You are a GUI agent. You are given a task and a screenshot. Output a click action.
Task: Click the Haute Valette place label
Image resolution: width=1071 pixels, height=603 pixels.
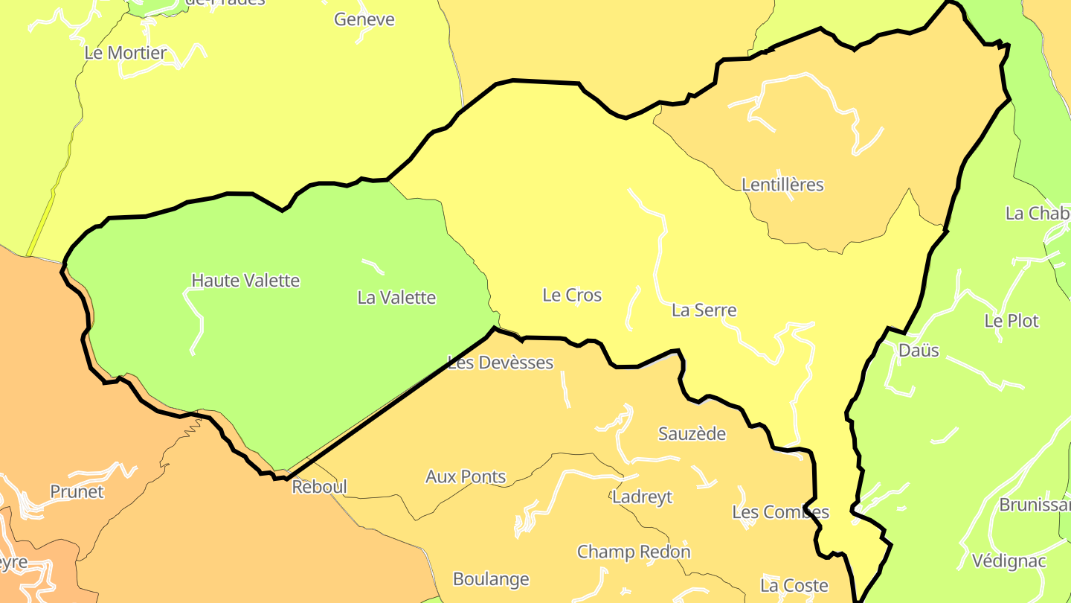coord(245,281)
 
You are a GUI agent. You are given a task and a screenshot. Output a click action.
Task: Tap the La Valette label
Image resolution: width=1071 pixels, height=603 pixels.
coord(396,298)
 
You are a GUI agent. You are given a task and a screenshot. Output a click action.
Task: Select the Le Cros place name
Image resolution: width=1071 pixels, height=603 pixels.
coord(572,296)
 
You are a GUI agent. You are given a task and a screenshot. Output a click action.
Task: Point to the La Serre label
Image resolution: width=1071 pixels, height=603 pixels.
coord(704,310)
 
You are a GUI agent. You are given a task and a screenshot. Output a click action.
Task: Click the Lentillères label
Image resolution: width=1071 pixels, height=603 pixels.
coord(782,185)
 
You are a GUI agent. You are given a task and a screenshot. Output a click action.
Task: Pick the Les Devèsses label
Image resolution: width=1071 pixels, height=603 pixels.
coord(501,363)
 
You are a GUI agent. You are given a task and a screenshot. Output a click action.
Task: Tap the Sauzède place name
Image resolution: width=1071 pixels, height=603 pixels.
coord(692,434)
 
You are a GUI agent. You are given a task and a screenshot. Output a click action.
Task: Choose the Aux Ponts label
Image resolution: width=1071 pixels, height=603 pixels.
coord(466,477)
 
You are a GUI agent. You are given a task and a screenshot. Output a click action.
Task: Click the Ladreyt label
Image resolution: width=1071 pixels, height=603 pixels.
coord(642,497)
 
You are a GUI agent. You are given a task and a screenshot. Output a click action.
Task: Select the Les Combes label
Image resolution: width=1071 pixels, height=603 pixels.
coord(780,512)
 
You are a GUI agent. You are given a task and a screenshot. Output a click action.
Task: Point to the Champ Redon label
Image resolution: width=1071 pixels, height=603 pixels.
coord(634,552)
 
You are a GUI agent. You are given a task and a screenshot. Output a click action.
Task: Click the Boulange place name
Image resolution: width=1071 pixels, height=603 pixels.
coord(491,579)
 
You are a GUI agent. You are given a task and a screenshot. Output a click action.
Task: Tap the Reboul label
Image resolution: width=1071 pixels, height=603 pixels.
coord(319,488)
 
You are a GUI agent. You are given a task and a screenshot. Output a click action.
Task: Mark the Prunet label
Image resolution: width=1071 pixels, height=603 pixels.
coord(77,492)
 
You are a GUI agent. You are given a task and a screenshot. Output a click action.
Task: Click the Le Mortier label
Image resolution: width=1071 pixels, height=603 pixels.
coord(125,53)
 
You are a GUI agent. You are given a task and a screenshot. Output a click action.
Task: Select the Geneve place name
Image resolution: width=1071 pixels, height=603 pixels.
coord(364,19)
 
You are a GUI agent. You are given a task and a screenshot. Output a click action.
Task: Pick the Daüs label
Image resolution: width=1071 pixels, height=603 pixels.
coord(919,351)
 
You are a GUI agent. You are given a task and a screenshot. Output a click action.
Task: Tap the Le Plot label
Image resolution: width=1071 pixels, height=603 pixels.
coord(1011,322)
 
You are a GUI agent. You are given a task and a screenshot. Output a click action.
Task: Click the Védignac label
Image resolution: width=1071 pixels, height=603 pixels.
coord(1009,561)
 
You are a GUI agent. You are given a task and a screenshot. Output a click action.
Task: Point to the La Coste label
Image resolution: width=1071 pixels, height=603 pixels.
coord(794,586)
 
